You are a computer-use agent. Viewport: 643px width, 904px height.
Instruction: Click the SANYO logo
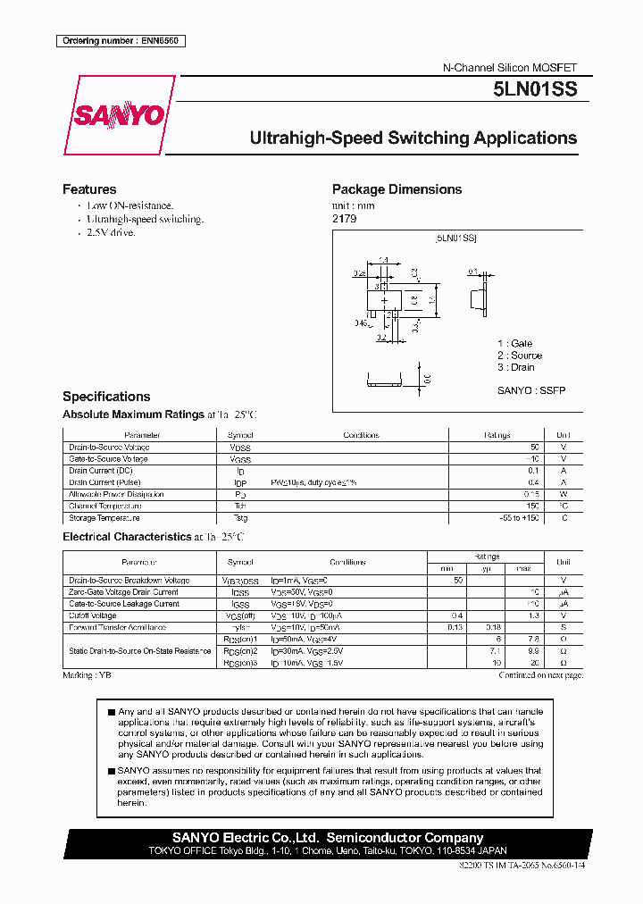click(x=118, y=115)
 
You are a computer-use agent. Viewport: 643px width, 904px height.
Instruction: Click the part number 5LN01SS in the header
click(x=535, y=89)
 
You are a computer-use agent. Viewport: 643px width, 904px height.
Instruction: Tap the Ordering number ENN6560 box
click(x=121, y=41)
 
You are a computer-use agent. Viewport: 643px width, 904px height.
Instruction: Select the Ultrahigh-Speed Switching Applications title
click(x=413, y=138)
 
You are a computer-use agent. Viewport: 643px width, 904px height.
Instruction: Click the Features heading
click(x=89, y=189)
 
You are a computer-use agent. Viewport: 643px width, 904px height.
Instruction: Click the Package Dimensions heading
click(x=397, y=189)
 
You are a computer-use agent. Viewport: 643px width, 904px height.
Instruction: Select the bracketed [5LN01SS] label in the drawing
click(x=455, y=239)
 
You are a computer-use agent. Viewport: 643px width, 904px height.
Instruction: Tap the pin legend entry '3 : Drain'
click(x=516, y=367)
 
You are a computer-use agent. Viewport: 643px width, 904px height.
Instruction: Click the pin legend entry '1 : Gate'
click(x=514, y=344)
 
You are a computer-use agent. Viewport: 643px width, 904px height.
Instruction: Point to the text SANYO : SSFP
click(x=530, y=390)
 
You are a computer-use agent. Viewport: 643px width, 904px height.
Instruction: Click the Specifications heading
click(x=106, y=397)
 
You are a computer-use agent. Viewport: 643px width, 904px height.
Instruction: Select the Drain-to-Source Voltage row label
click(x=109, y=447)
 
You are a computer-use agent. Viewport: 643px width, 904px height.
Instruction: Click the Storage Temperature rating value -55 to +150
click(x=519, y=518)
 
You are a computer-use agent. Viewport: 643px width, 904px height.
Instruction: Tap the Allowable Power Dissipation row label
click(x=116, y=494)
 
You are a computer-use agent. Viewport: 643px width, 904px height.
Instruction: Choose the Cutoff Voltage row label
click(x=93, y=615)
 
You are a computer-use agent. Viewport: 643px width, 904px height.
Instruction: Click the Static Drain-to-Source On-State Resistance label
click(x=139, y=651)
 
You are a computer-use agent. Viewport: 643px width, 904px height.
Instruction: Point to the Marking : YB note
click(x=87, y=675)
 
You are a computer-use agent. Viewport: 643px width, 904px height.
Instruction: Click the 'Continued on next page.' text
click(x=540, y=675)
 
